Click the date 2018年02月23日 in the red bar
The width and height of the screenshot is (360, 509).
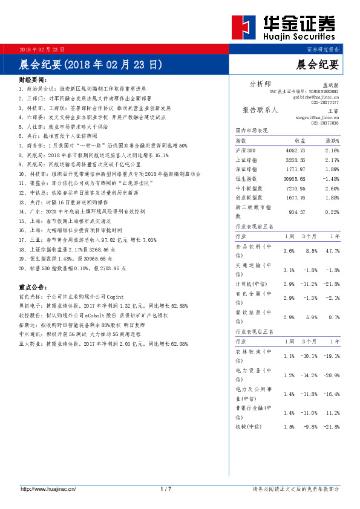pos(42,48)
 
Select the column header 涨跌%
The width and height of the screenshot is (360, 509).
pos(331,140)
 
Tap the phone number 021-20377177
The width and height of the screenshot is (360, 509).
pos(326,103)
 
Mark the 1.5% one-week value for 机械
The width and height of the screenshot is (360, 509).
pos(289,427)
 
